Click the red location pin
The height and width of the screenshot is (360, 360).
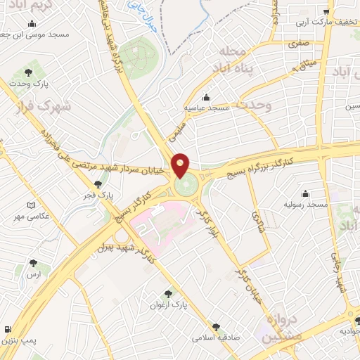click(x=181, y=165)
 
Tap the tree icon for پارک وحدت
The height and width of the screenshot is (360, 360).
click(x=28, y=72)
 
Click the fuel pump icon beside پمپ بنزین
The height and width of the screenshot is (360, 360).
click(x=8, y=329)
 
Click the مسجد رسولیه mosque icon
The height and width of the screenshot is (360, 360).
click(x=304, y=193)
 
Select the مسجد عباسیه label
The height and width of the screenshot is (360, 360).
click(x=205, y=108)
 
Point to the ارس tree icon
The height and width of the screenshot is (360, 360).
click(x=33, y=263)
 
